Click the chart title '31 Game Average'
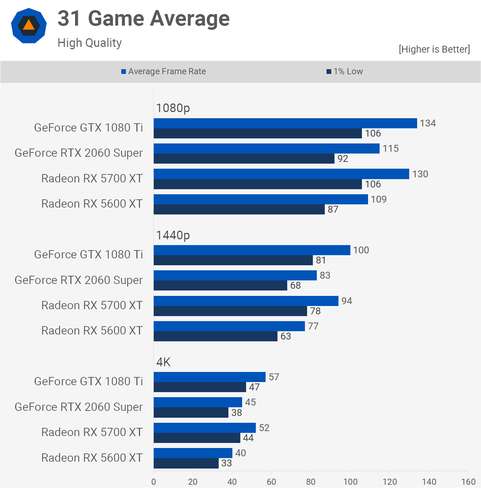coord(143,18)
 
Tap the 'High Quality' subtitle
coord(89,43)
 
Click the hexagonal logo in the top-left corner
coord(29,26)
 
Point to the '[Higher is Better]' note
coord(434,49)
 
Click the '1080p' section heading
coord(173,108)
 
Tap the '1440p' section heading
coord(173,235)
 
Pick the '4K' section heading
coord(163,362)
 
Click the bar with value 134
coord(285,123)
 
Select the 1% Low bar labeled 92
coord(244,159)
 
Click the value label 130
coord(420,174)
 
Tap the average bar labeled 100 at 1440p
coord(252,250)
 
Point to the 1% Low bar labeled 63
coord(215,336)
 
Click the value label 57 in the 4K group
coord(274,377)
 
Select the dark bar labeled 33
coord(186,463)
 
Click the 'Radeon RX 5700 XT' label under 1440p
coord(92,305)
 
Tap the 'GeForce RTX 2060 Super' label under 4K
coord(79,407)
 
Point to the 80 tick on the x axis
coord(311,482)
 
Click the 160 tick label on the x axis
coord(468,482)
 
